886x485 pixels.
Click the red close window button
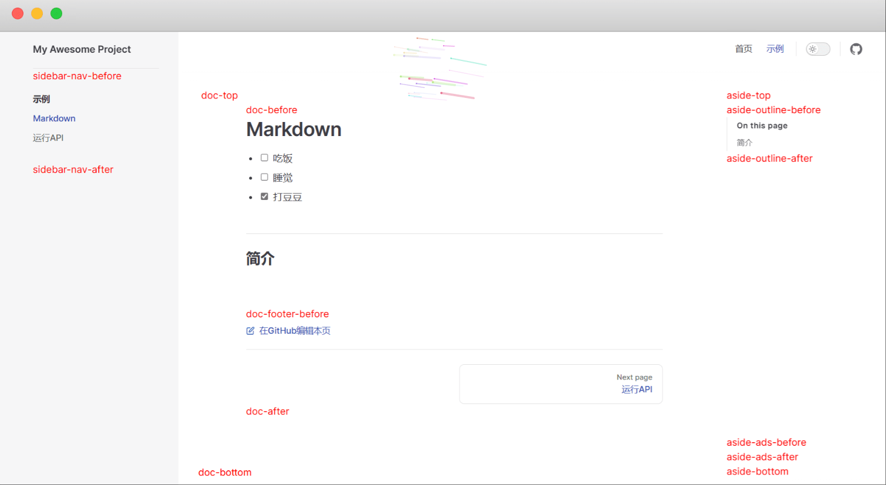pyautogui.click(x=18, y=13)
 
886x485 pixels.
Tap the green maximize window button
pyautogui.click(x=56, y=13)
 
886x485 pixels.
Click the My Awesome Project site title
pyautogui.click(x=81, y=49)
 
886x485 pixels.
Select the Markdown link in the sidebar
pyautogui.click(x=54, y=118)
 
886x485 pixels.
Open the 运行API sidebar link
pyautogui.click(x=48, y=138)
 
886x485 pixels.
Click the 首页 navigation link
pyautogui.click(x=744, y=49)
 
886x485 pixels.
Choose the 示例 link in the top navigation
pyautogui.click(x=775, y=49)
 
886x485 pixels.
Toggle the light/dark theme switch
pyautogui.click(x=818, y=49)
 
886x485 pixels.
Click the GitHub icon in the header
pyautogui.click(x=856, y=49)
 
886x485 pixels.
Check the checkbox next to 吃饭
pyautogui.click(x=264, y=158)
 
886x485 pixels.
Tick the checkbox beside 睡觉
pyautogui.click(x=264, y=177)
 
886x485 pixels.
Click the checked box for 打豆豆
pyautogui.click(x=264, y=196)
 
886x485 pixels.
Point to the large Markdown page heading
pyautogui.click(x=294, y=130)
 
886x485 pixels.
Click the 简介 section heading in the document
pyautogui.click(x=260, y=259)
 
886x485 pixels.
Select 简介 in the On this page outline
pyautogui.click(x=744, y=143)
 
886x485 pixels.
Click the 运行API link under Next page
pyautogui.click(x=637, y=389)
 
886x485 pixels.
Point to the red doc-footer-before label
pyautogui.click(x=287, y=314)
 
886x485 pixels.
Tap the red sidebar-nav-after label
pyautogui.click(x=73, y=169)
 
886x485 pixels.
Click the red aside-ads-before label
pyautogui.click(x=766, y=442)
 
